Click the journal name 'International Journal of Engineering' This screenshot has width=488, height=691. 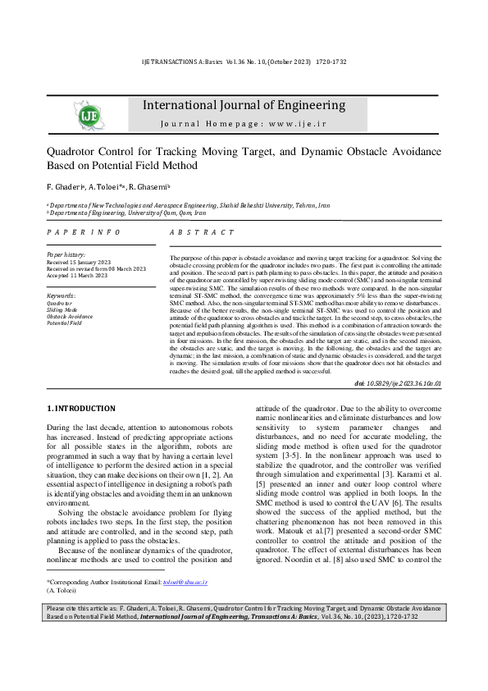point(244,105)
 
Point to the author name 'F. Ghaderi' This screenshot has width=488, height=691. point(64,186)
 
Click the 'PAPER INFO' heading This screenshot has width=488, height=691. point(76,233)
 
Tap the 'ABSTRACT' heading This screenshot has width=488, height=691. point(196,233)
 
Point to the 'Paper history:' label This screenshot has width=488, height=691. point(67,255)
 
